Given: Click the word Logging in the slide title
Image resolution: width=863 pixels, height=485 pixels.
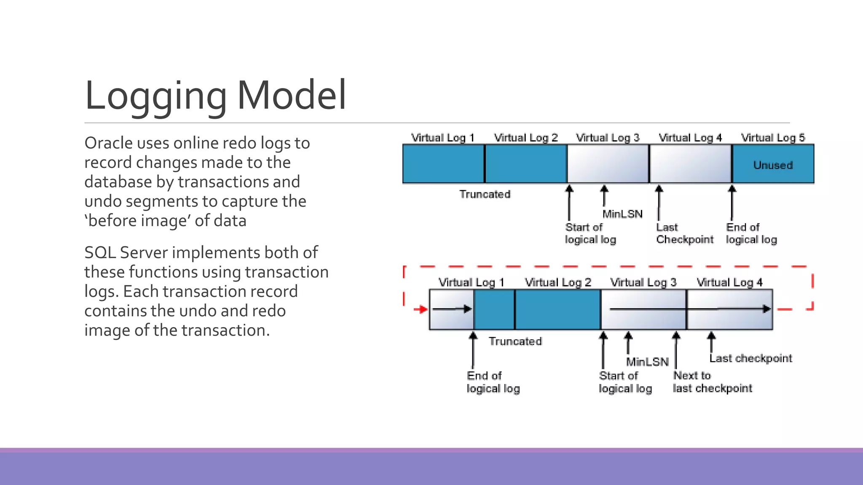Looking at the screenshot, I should point(155,96).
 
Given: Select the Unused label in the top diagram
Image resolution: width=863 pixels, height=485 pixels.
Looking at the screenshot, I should point(773,165).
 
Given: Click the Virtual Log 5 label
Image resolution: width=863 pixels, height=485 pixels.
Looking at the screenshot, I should point(773,138).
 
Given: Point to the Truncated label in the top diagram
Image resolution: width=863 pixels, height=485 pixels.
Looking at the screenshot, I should point(485,194).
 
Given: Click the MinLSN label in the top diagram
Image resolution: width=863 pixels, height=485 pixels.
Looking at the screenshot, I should point(622,214).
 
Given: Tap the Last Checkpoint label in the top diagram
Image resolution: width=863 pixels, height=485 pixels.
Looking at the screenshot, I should point(684,233).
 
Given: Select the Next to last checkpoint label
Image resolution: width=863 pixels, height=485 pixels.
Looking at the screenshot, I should point(712,381).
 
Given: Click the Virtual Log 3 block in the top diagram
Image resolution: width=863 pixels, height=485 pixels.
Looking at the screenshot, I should point(608,164).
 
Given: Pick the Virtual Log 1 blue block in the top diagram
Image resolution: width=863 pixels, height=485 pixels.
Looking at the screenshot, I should point(443,164).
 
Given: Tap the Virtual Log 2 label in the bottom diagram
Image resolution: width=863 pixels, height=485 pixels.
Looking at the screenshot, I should point(558,282).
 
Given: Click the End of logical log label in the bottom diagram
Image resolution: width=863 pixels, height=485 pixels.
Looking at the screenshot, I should point(493,381).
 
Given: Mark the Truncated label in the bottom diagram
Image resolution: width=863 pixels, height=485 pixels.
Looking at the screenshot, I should point(515,341).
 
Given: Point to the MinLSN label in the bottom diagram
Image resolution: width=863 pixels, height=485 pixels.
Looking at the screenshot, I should point(647,362).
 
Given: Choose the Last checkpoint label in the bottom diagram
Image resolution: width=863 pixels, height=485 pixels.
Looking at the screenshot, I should point(750,358).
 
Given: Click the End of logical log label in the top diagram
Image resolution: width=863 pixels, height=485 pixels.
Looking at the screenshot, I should point(751,233).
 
